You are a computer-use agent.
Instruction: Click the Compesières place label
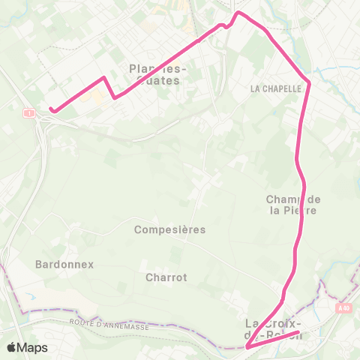pos(169,229)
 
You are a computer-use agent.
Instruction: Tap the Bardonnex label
pos(62,264)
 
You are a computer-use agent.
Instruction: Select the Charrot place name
pos(166,277)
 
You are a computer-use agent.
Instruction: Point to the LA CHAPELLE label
pos(275,88)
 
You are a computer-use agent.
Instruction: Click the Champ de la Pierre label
pos(293,205)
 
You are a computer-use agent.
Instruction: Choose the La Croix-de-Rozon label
pos(273,328)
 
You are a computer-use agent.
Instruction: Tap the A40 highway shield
pos(343,307)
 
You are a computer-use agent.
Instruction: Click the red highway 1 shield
pos(28,112)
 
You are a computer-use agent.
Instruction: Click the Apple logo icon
pos(13,347)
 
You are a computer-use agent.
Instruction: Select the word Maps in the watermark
pos(33,347)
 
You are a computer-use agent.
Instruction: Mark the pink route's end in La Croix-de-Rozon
pos(298,332)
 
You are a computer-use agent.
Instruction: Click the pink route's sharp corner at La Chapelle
pos(309,82)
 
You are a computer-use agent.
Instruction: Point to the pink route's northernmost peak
pos(239,13)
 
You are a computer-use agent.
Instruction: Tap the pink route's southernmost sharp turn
pos(247,347)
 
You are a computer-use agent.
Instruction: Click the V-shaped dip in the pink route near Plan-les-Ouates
pos(114,97)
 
